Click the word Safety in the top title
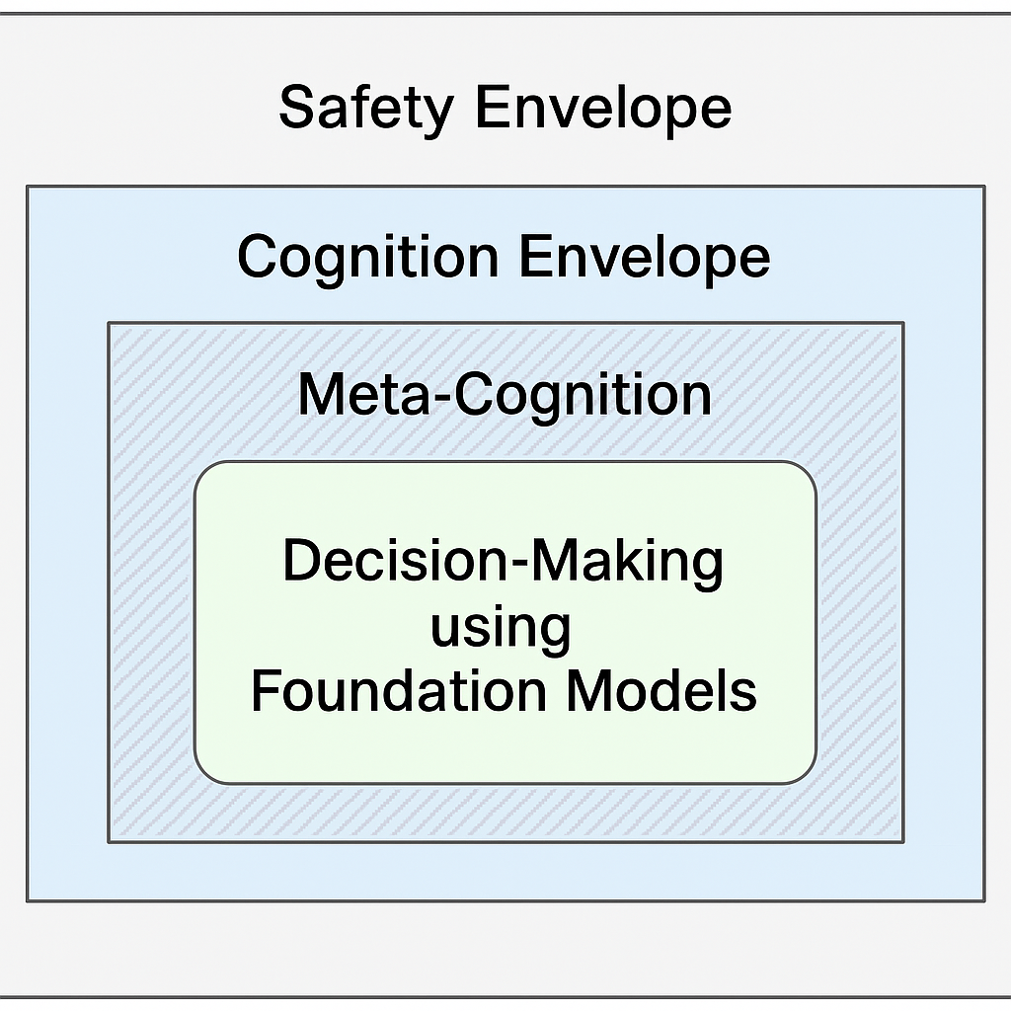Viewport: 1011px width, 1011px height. point(366,108)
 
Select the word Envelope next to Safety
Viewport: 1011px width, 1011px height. point(603,108)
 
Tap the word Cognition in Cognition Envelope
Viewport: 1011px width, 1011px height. point(367,257)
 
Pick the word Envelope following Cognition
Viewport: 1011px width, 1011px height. point(644,257)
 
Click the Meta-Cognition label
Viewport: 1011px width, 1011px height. point(505,394)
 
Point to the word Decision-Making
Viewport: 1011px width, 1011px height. point(504,562)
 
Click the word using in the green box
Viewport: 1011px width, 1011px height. point(501,627)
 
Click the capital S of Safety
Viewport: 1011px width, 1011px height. point(297,108)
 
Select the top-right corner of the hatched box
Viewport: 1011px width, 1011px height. point(902,323)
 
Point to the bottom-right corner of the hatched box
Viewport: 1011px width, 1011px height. point(902,841)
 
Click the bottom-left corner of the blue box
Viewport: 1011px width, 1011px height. point(28,900)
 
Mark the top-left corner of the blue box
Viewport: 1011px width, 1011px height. point(28,187)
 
